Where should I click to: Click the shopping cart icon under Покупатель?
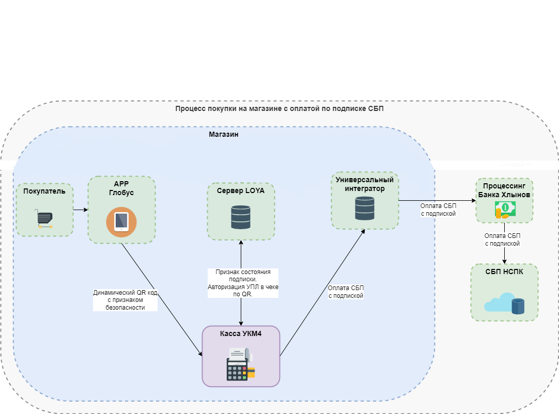click(44, 219)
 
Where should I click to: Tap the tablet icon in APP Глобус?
click(121, 221)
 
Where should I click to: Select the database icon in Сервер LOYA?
click(241, 217)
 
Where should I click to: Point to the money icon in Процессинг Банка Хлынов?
click(505, 210)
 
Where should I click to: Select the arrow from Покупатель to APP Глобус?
click(80, 210)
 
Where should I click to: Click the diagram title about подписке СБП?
click(279, 109)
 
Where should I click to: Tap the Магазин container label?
click(223, 134)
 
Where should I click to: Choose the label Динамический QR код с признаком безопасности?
click(125, 299)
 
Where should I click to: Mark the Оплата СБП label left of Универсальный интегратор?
click(346, 292)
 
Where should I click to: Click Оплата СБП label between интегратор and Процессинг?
click(438, 209)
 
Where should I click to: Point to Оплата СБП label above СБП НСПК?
click(502, 240)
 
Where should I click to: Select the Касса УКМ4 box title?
click(241, 333)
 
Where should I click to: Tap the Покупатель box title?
click(44, 192)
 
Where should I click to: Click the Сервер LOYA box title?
click(241, 190)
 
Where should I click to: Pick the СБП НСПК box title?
click(504, 272)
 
